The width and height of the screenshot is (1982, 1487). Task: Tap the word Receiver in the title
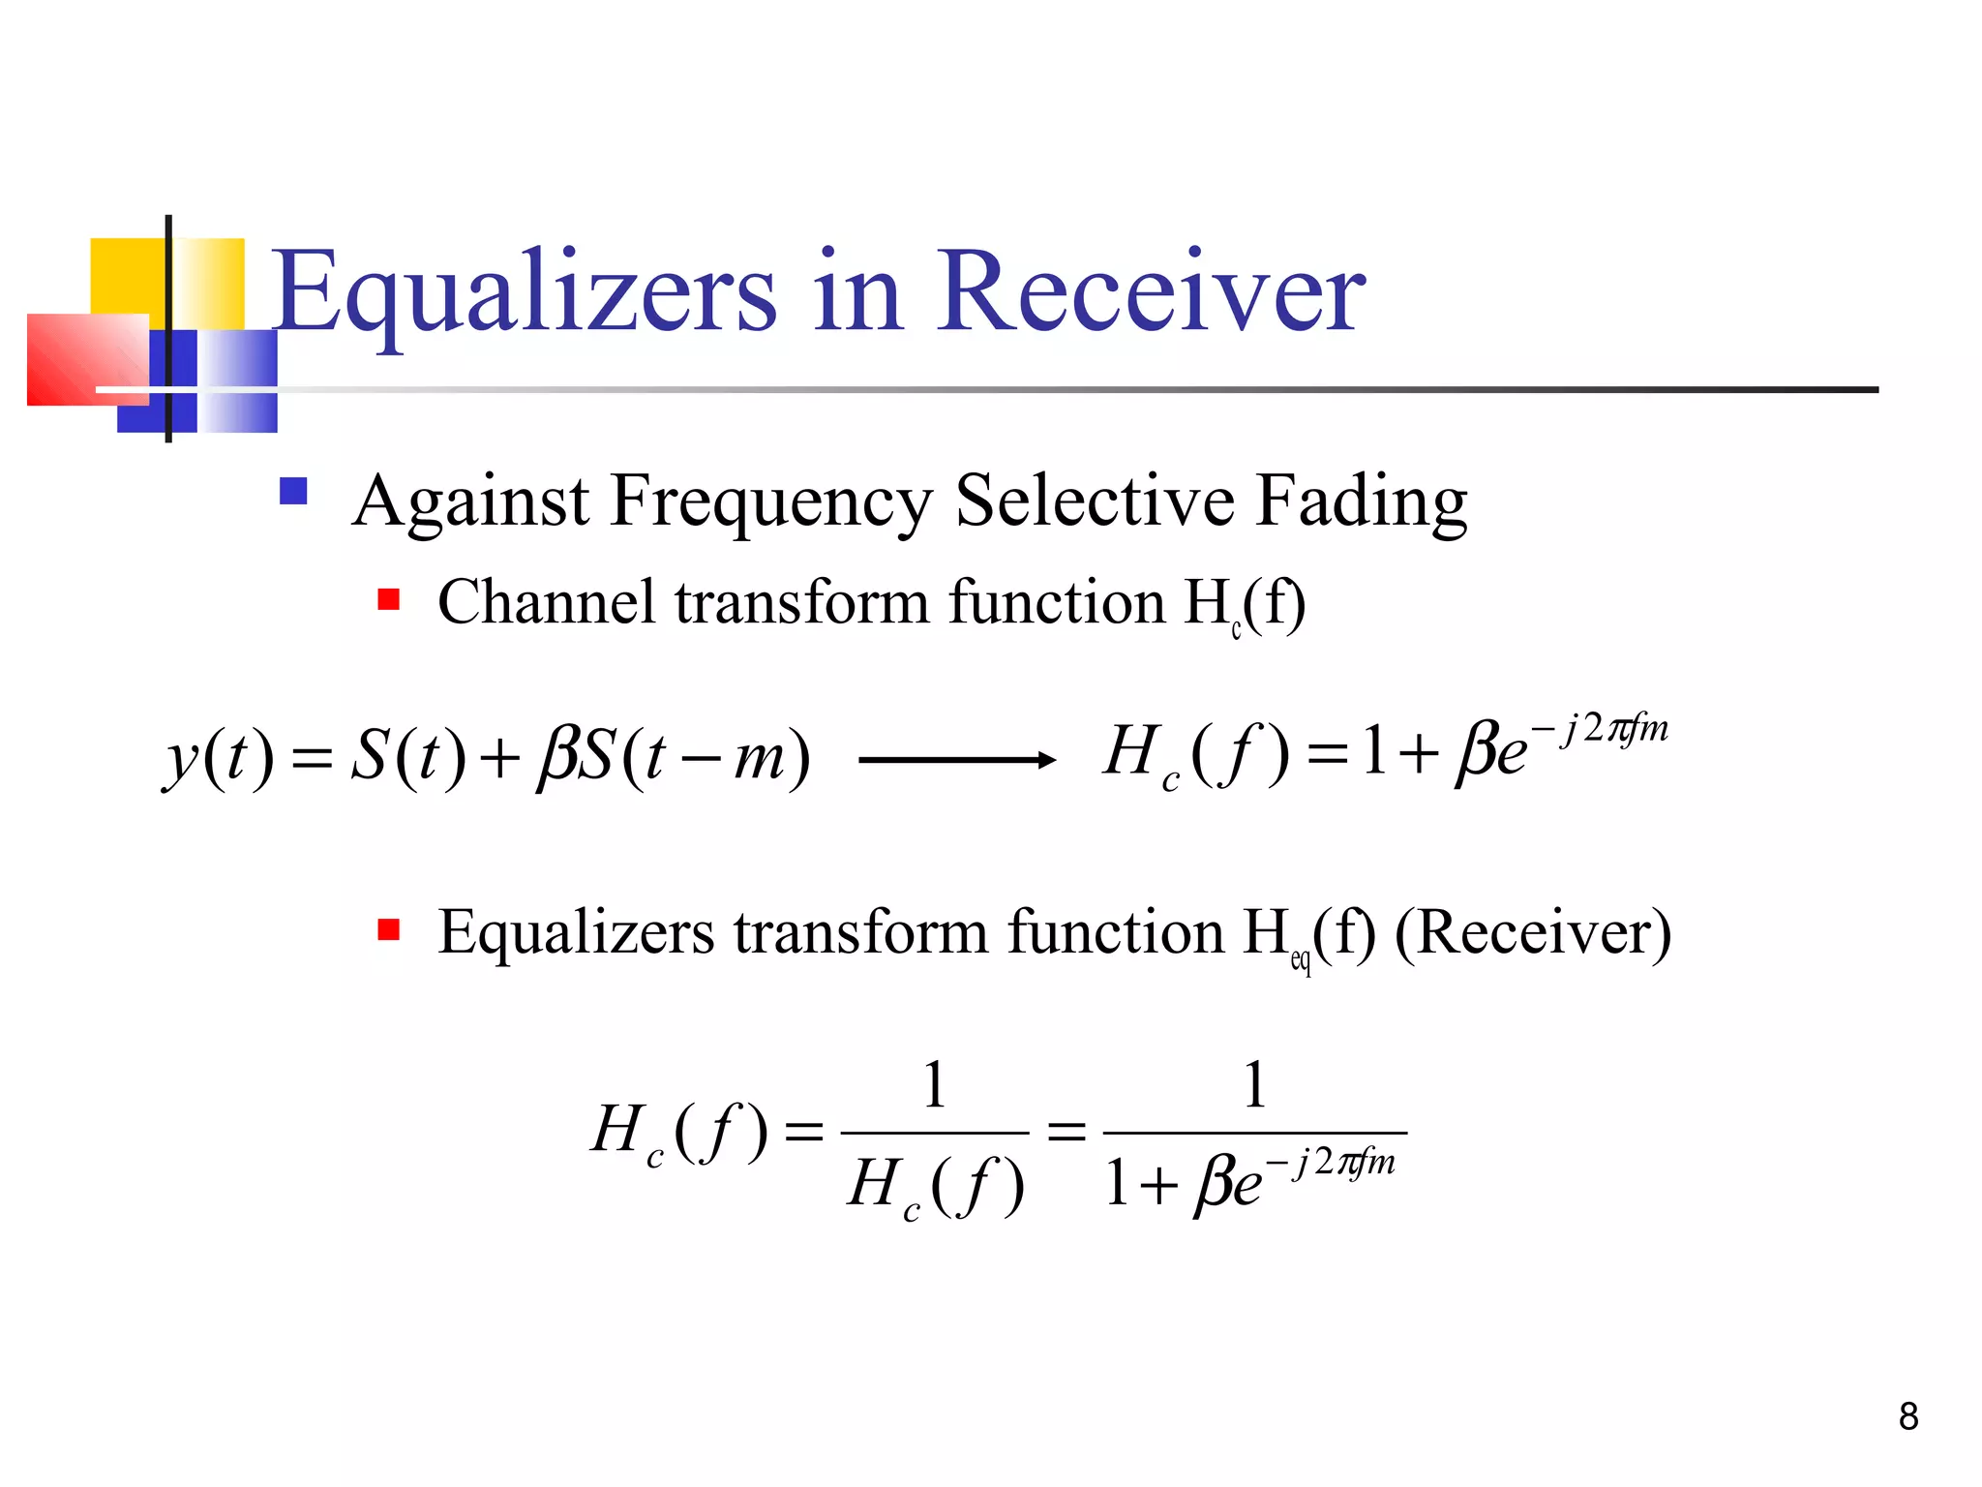pos(1151,290)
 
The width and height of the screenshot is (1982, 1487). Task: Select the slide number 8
pos(1907,1416)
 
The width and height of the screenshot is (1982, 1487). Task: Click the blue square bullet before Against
pos(293,492)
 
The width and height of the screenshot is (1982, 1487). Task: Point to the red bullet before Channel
pos(389,599)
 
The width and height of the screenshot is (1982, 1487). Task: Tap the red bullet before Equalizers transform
pos(389,930)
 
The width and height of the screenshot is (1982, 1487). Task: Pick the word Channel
pos(547,602)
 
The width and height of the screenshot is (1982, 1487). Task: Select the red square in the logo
pos(87,359)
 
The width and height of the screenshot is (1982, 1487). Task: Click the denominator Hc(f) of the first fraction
pos(935,1185)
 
